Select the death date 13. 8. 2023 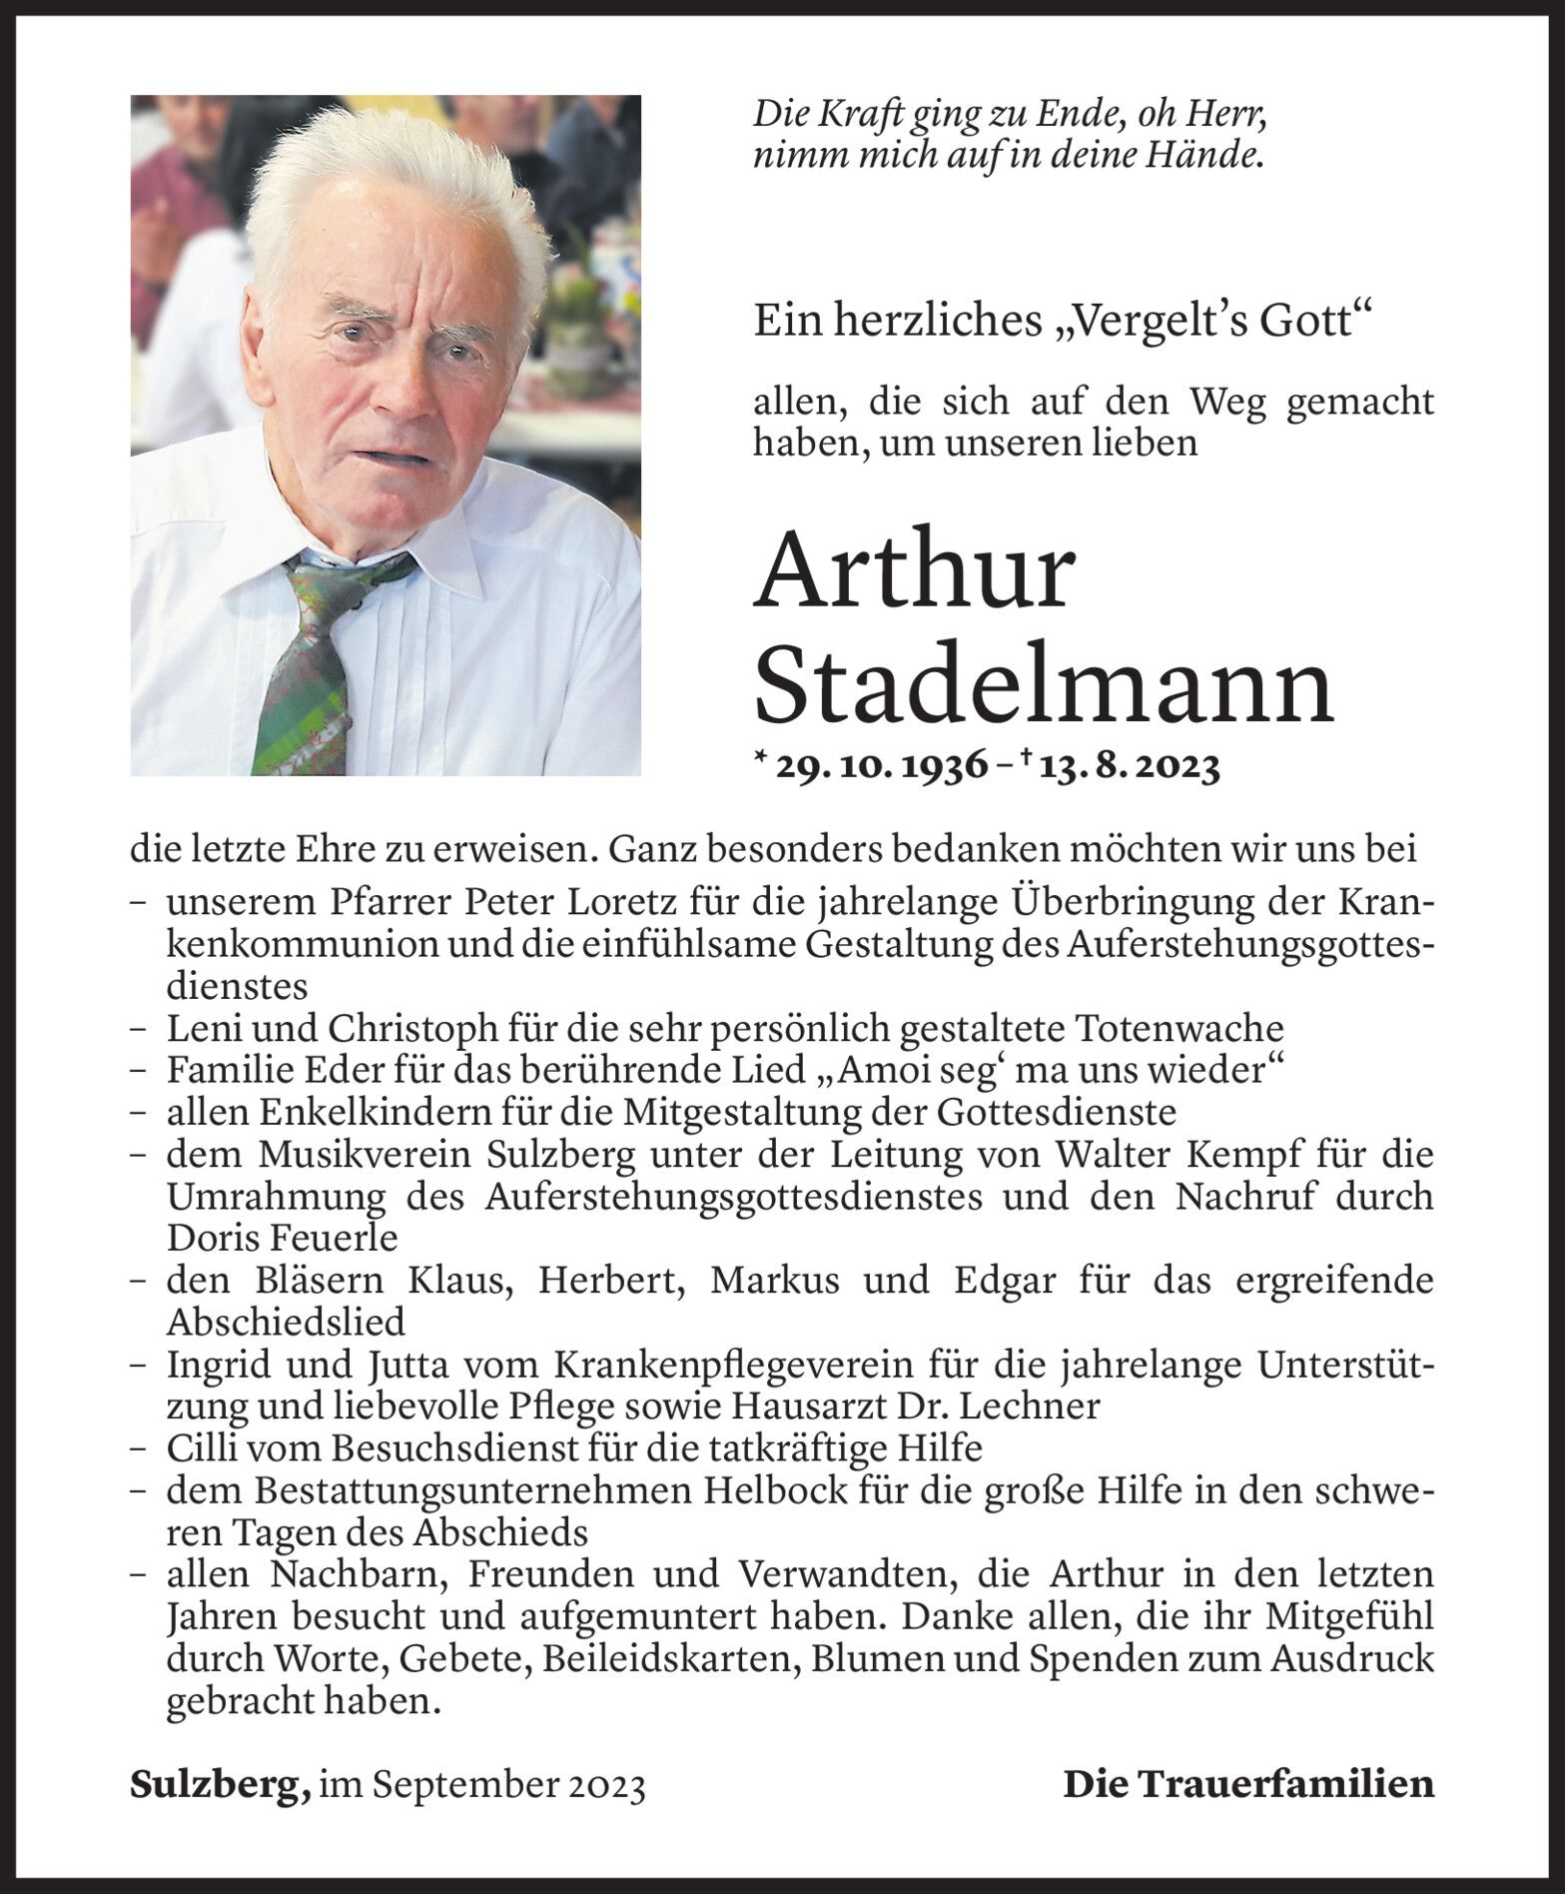1129,767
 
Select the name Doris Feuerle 283,1238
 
